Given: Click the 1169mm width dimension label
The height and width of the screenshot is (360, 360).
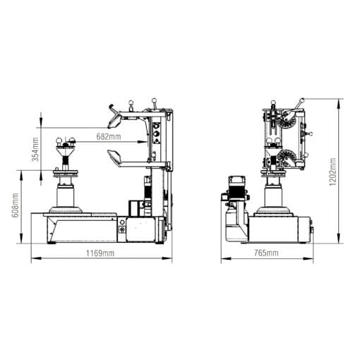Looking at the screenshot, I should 100,253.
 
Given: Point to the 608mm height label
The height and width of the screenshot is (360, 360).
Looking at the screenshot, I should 16,206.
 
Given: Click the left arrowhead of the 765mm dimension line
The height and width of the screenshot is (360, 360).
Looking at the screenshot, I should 223,258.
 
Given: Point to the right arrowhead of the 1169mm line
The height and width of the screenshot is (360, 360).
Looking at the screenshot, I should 169,258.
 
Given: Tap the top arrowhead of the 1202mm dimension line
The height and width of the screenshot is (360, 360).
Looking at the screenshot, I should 340,100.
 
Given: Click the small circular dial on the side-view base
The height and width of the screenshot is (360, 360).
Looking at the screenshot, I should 121,229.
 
